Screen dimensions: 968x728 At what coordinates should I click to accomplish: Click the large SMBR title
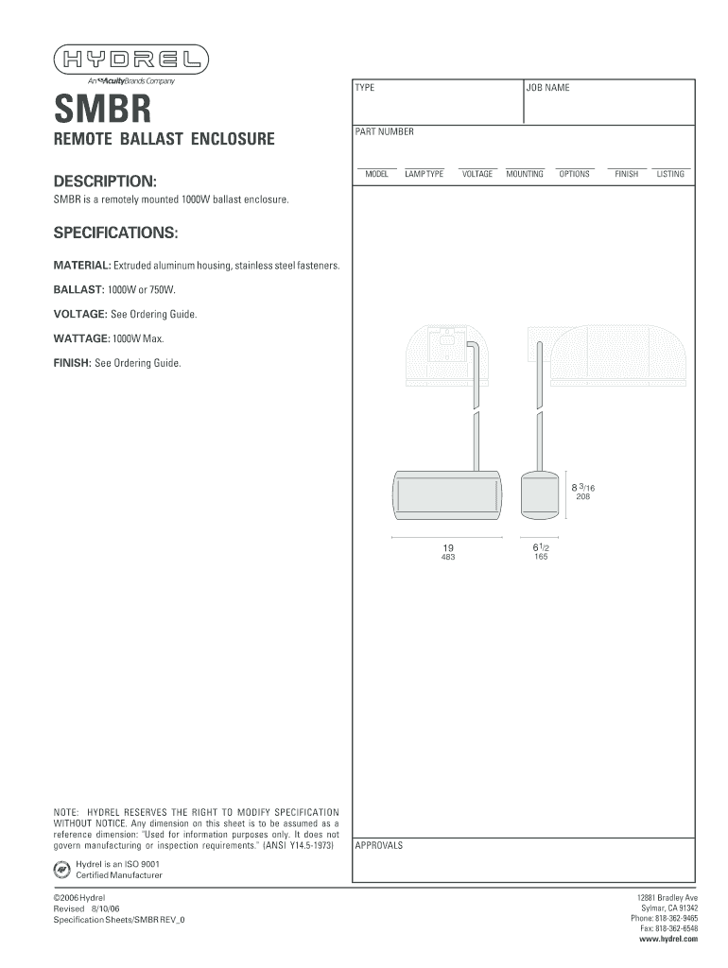102,108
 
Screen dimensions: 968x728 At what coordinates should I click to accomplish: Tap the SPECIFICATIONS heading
114,233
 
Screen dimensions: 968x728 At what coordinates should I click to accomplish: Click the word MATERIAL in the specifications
81,266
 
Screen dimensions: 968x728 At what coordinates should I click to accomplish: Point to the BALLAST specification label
78,289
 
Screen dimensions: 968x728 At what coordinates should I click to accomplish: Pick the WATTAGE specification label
81,338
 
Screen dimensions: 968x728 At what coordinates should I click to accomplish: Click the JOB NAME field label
548,88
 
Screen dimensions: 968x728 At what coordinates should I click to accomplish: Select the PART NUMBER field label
384,132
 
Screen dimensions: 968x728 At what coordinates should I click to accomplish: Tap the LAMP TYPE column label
424,174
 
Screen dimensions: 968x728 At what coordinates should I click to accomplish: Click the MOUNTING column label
525,174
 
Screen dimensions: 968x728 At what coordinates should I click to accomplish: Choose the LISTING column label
670,174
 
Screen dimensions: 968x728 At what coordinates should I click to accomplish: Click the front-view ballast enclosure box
448,494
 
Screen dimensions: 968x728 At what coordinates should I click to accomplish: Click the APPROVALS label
378,845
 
